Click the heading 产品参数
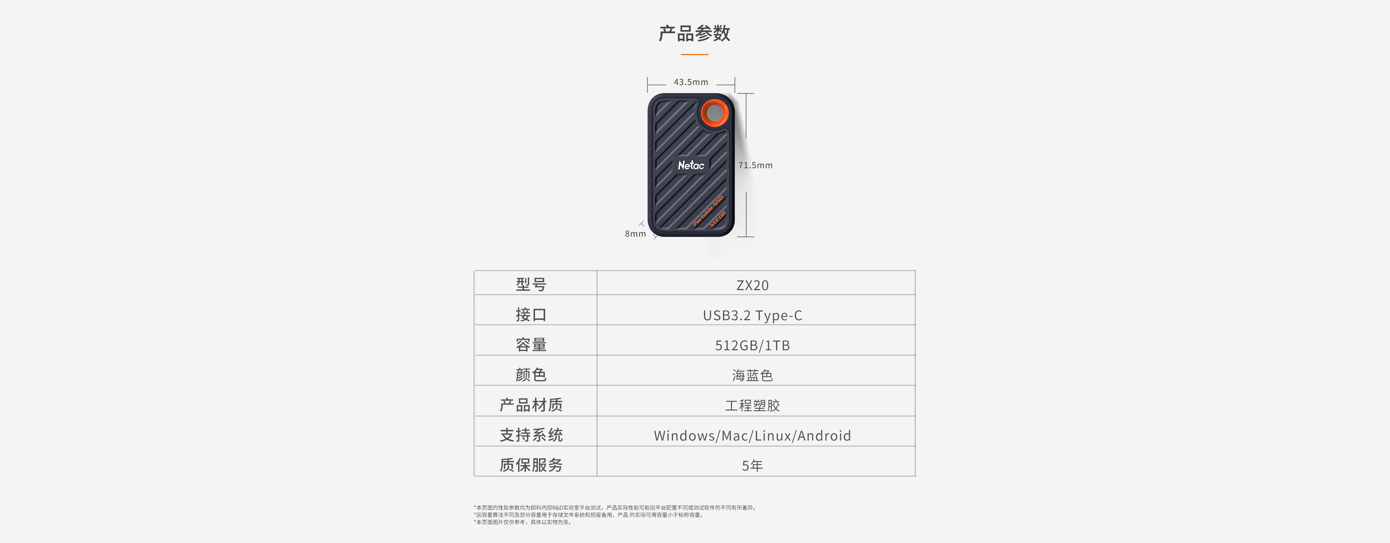[695, 33]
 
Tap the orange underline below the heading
[695, 54]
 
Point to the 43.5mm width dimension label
[691, 82]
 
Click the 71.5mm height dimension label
[755, 165]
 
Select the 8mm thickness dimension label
[635, 234]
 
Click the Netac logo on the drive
[691, 165]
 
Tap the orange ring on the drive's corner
[714, 113]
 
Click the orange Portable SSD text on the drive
[708, 210]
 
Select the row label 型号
[531, 284]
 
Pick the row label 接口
[531, 315]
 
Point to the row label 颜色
[531, 375]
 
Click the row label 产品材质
[531, 405]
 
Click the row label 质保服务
[531, 465]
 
